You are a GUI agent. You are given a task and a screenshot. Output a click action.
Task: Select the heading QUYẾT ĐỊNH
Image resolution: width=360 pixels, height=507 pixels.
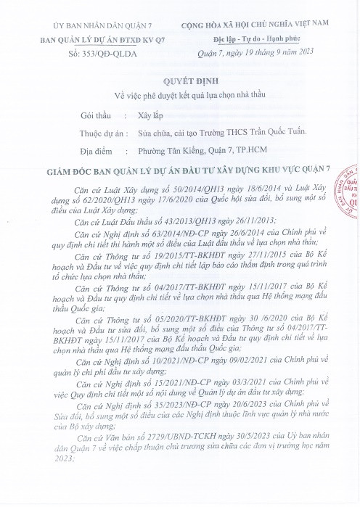click(x=180, y=82)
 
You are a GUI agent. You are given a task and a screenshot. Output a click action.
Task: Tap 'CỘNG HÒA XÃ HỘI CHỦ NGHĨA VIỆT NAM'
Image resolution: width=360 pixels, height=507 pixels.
click(x=269, y=26)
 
